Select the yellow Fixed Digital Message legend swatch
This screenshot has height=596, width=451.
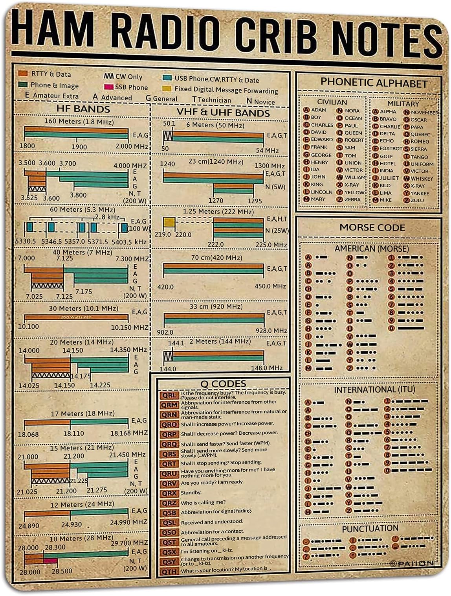(x=167, y=89)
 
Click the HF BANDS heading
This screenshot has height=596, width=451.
(x=83, y=109)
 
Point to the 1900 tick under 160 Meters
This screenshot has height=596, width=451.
(x=79, y=146)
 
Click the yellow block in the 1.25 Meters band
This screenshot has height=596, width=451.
(x=169, y=223)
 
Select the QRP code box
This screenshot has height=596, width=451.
(x=169, y=434)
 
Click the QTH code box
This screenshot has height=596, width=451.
(x=169, y=571)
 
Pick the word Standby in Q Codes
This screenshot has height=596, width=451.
(x=191, y=493)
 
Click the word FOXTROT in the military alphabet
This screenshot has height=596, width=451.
(x=390, y=149)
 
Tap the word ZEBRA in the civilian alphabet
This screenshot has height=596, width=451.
(x=352, y=199)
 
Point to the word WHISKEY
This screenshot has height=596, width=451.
(x=422, y=178)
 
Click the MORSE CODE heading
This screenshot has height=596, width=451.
(x=372, y=227)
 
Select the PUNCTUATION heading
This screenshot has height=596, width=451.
(x=370, y=528)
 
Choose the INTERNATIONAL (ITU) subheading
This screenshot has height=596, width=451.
(x=374, y=389)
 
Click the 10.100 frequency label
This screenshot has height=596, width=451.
(x=29, y=327)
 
